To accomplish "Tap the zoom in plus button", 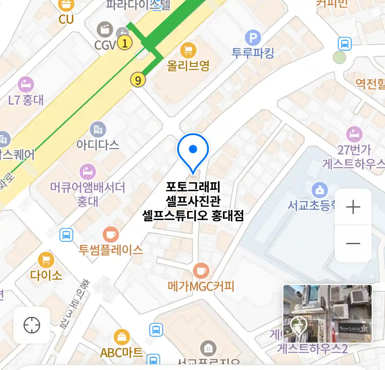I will (353, 207).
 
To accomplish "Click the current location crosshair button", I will (32, 325).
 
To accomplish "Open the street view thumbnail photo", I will (327, 313).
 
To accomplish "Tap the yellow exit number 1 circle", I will (125, 43).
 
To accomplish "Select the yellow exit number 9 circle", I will (138, 80).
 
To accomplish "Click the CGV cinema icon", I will (105, 30).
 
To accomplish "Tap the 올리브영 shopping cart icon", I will (188, 51).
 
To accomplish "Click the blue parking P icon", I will (253, 38).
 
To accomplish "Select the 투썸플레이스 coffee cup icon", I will (111, 235).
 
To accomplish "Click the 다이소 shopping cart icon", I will (46, 260).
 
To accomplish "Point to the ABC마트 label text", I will (121, 353).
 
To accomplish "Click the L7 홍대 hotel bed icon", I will (26, 84).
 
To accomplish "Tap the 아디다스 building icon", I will (98, 129).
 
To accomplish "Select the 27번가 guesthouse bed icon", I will (354, 134).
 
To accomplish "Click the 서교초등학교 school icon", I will (320, 190).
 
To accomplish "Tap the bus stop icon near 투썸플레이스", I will (66, 235).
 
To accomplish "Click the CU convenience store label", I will (66, 19).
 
